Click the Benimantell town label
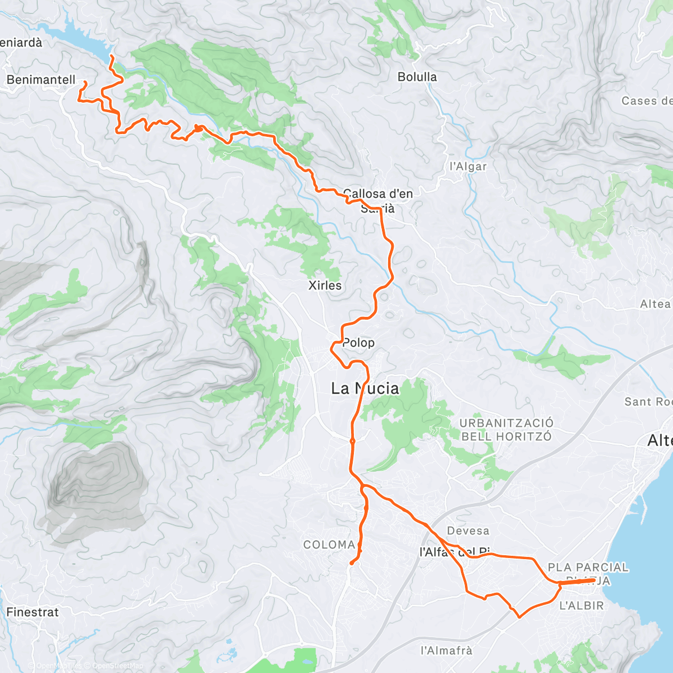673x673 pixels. coord(41,80)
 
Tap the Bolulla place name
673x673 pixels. coord(417,77)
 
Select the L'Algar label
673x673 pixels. coord(468,167)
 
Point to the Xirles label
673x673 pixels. coord(325,285)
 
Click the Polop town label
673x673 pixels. coord(358,343)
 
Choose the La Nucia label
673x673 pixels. coord(365,388)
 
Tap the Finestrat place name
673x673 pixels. coord(33,612)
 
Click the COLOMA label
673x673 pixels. coord(329,545)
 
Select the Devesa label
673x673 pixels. coord(468,531)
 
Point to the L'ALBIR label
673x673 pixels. coord(582,606)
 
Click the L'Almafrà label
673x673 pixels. coord(446,651)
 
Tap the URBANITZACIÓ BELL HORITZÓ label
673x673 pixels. coord(506,430)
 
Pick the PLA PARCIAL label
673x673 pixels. coord(588,568)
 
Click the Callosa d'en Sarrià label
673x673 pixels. coord(378,201)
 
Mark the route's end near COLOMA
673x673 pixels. coord(351,563)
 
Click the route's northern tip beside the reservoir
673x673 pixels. coord(110,57)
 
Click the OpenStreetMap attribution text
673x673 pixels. coord(118,666)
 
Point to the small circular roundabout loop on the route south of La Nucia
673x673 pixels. coord(352,441)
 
